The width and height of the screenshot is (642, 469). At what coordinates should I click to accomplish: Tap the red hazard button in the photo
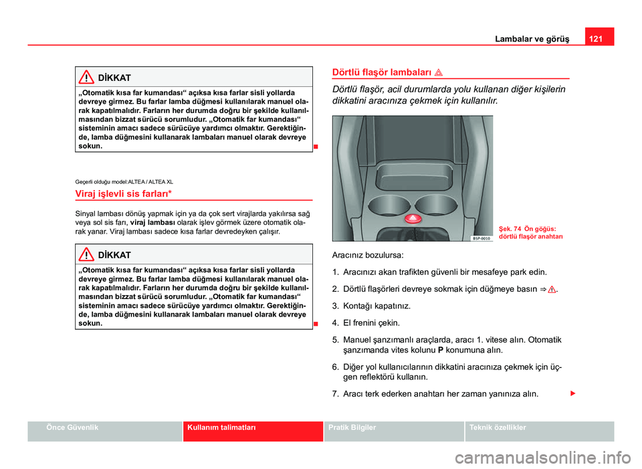click(413, 217)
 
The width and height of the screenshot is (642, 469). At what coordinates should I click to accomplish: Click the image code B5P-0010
click(481, 238)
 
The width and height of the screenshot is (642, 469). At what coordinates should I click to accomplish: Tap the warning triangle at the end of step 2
click(552, 290)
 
